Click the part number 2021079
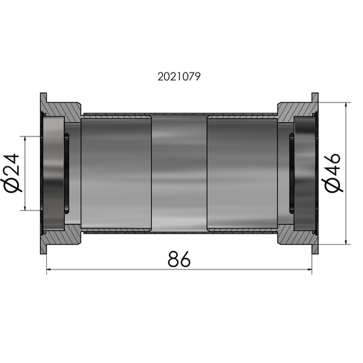tap(180, 77)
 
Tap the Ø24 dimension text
tap(15, 173)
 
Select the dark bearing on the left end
tap(54, 173)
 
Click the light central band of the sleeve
tap(179, 173)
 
